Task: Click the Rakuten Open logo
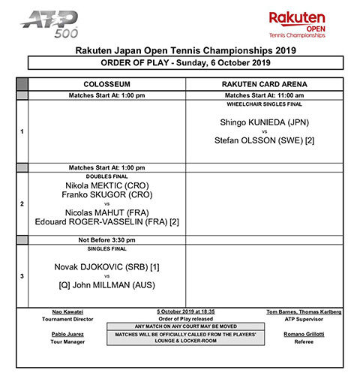point(298,24)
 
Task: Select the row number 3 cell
point(22,276)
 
